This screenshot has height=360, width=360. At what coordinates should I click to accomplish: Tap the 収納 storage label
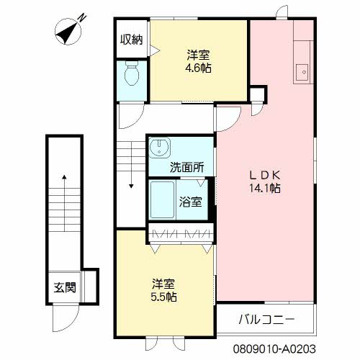[131, 39]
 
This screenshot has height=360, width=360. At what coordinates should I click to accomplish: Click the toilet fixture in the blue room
[132, 73]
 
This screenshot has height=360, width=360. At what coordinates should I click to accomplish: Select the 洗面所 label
[186, 167]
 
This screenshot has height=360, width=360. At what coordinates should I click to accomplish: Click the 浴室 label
[191, 202]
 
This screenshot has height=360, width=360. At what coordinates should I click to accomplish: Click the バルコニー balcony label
[266, 318]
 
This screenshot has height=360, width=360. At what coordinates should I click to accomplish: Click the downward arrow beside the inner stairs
[131, 176]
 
